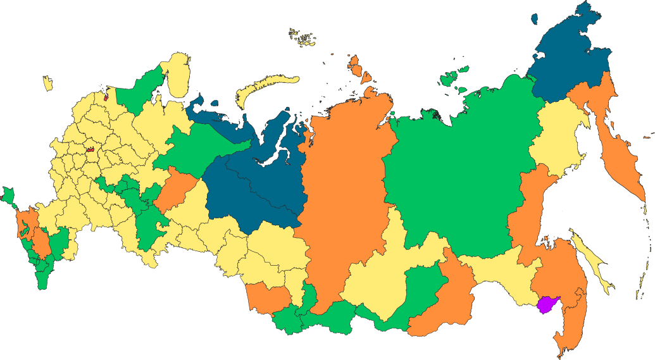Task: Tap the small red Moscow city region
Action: (x=90, y=151)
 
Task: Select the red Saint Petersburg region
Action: (x=106, y=97)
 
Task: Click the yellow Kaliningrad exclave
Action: (x=47, y=83)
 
